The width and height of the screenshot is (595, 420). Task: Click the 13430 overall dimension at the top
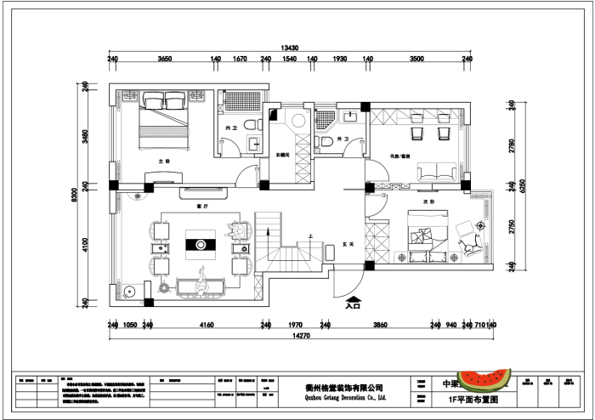point(289,48)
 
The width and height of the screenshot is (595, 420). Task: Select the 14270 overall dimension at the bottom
point(289,337)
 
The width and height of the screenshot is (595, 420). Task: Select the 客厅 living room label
point(201,206)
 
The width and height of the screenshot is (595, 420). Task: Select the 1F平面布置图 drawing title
point(471,398)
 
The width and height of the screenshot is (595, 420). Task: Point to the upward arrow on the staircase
point(267,230)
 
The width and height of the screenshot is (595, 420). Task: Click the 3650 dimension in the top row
point(165,60)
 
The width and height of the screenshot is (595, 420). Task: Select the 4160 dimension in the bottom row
point(206,325)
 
